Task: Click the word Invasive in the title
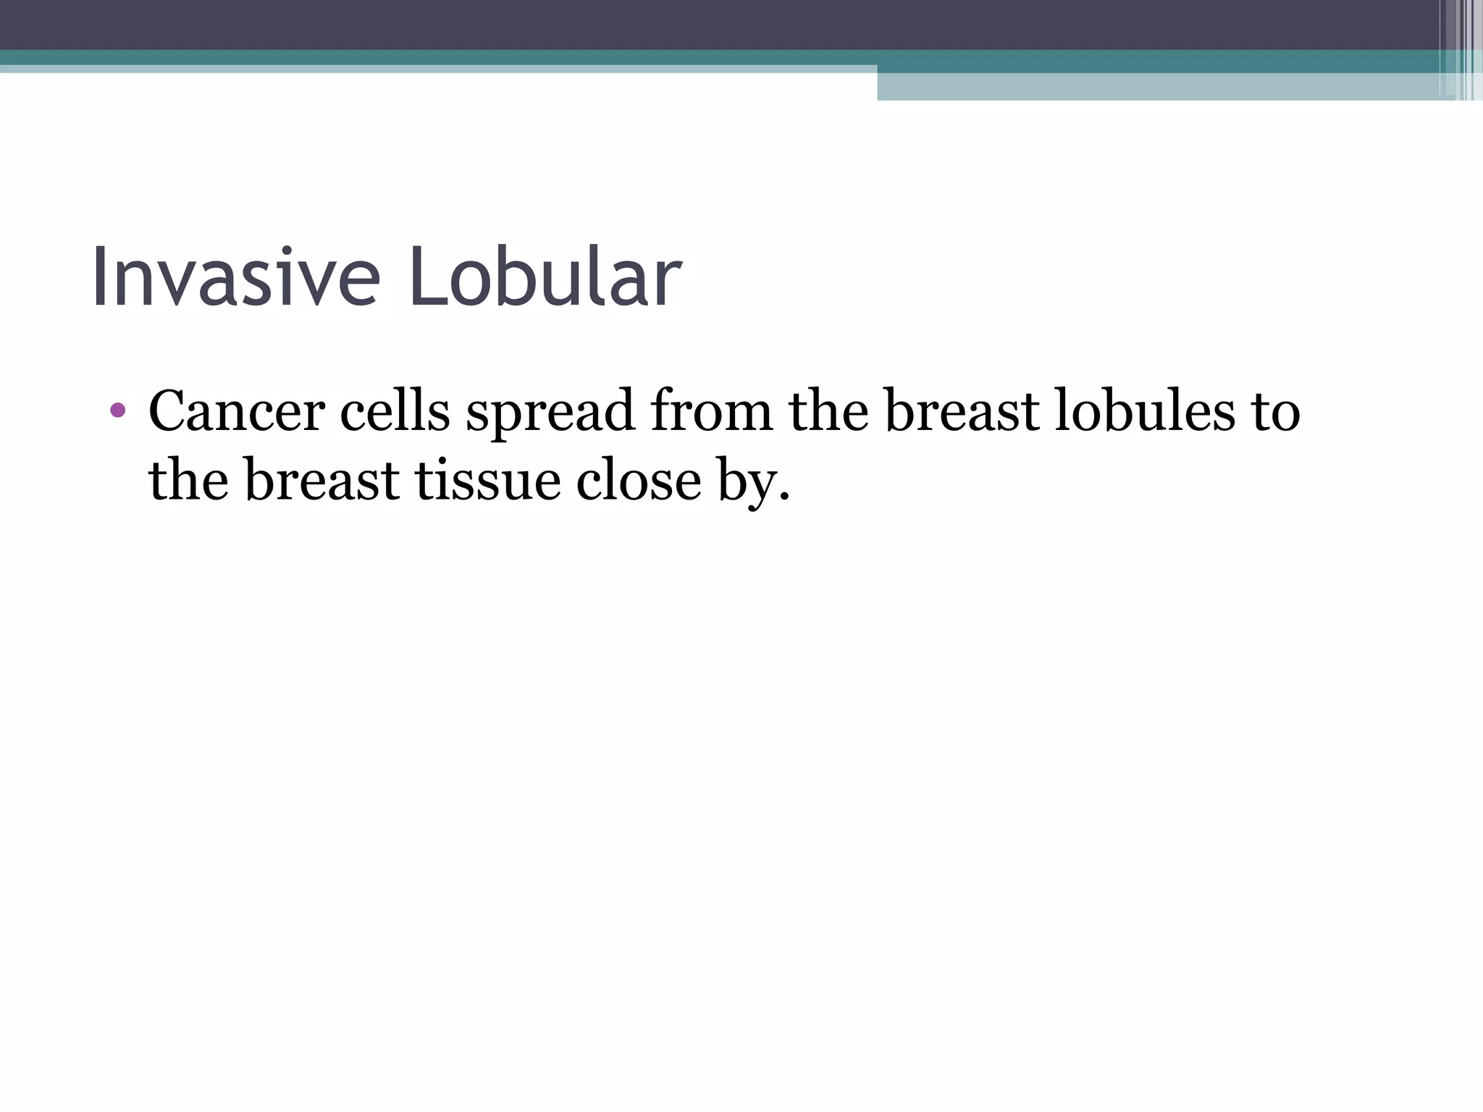click(x=235, y=278)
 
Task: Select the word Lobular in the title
click(x=545, y=278)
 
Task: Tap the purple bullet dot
click(x=117, y=411)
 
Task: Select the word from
click(x=712, y=411)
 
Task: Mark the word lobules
click(x=1144, y=411)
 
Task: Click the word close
click(x=639, y=481)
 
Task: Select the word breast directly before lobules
click(x=963, y=411)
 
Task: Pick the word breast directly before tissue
click(x=322, y=481)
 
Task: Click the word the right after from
click(x=828, y=411)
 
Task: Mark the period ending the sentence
click(x=783, y=498)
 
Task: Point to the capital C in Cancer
click(x=168, y=411)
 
